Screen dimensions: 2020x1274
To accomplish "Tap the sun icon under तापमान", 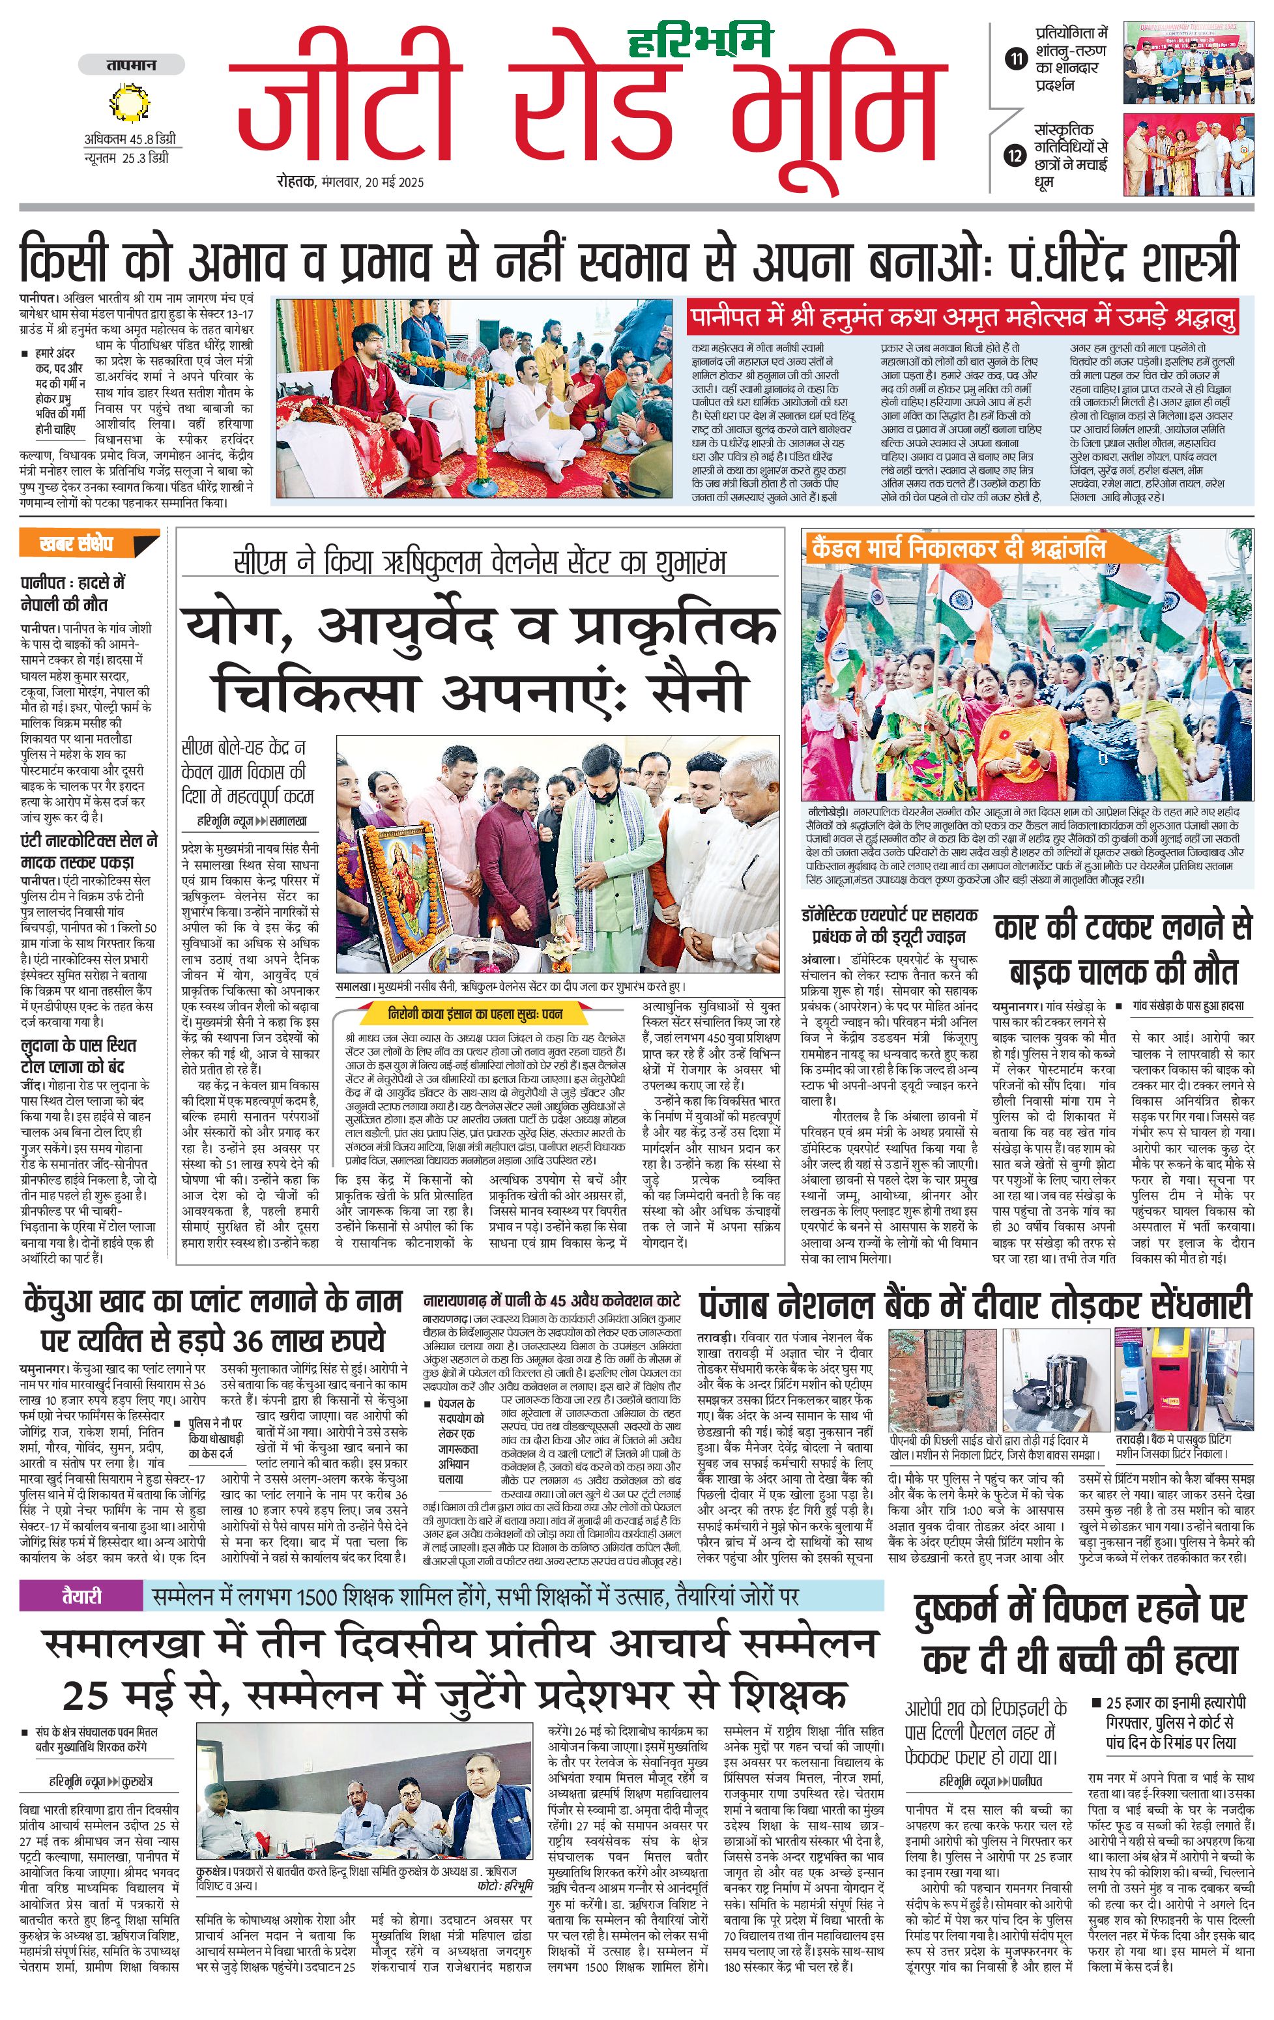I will pos(130,104).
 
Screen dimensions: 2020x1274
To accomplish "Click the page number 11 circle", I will pos(1016,59).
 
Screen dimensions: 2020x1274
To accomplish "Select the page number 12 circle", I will pos(1016,154).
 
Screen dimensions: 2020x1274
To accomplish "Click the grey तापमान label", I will pos(131,65).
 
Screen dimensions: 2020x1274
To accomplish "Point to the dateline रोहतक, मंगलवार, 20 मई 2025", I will pos(351,182).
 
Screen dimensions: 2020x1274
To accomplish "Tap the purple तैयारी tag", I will pos(81,1596).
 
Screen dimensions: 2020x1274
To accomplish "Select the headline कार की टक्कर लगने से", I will pos(1122,927).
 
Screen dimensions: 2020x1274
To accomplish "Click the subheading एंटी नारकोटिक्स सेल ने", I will pos(89,841).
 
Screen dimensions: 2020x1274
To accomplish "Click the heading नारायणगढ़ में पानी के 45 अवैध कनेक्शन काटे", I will pos(551,1300).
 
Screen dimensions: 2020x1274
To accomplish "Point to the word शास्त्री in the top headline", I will pos(1181,259).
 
